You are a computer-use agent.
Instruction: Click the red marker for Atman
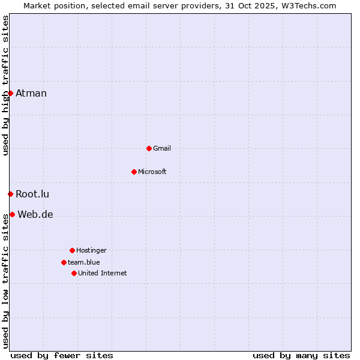tap(10, 93)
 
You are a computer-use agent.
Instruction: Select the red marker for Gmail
tap(149, 148)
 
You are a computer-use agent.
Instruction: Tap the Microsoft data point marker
tap(134, 172)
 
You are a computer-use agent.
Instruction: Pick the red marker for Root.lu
tap(10, 194)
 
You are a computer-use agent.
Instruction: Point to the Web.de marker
tap(12, 214)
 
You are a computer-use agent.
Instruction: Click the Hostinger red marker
tap(72, 250)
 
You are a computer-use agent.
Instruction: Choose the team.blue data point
tap(64, 262)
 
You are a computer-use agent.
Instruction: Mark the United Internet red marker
tap(74, 273)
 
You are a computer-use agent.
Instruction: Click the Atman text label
tap(31, 93)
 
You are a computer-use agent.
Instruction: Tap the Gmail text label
tap(162, 148)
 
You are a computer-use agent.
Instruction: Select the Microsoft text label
tap(152, 172)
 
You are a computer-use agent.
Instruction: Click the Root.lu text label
tap(32, 194)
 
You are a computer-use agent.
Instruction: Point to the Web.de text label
tap(35, 214)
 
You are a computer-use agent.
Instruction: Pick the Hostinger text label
tap(91, 250)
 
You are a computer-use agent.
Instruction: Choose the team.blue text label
tap(84, 262)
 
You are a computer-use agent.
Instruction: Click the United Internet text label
tap(103, 273)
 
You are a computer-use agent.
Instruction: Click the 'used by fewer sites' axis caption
tap(62, 355)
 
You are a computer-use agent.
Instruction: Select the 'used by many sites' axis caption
tap(301, 355)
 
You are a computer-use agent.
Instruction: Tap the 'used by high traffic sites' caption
tap(5, 85)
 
